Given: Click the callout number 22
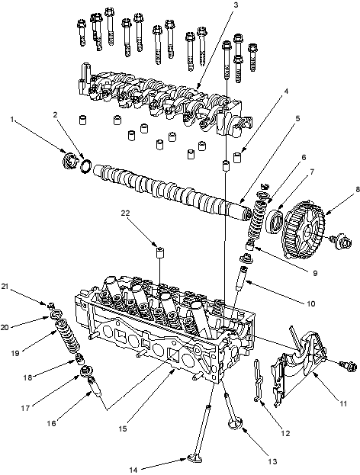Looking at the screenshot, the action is point(125,213).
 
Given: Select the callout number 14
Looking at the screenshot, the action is point(133,470).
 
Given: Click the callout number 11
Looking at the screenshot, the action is point(342,404).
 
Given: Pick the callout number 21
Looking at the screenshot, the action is point(5,287).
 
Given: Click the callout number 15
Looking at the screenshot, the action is point(123,429).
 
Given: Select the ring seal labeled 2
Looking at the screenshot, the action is point(85,165).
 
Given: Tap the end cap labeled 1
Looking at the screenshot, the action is point(69,162).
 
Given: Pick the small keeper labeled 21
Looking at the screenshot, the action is point(51,303).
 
